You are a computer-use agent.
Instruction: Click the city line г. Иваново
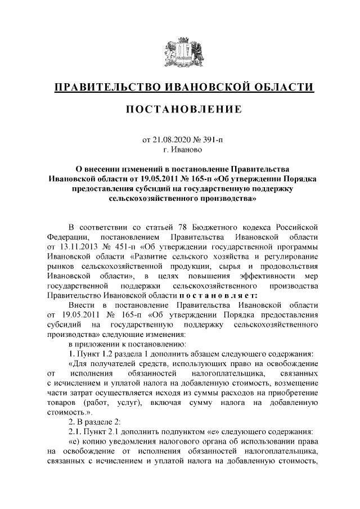pos(179,150)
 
